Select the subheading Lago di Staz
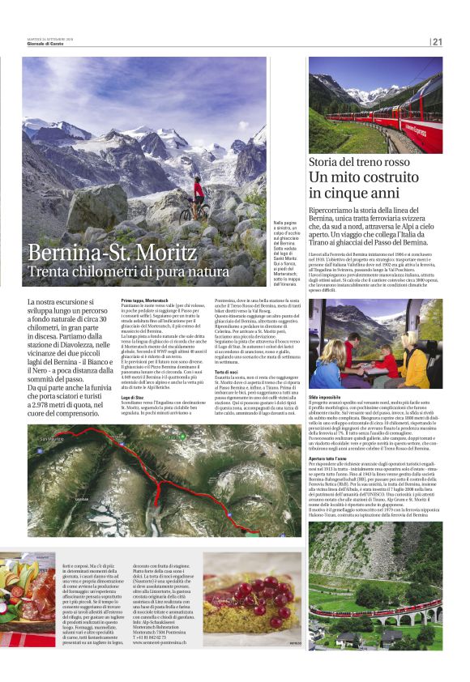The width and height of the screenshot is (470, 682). [x=133, y=397]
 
